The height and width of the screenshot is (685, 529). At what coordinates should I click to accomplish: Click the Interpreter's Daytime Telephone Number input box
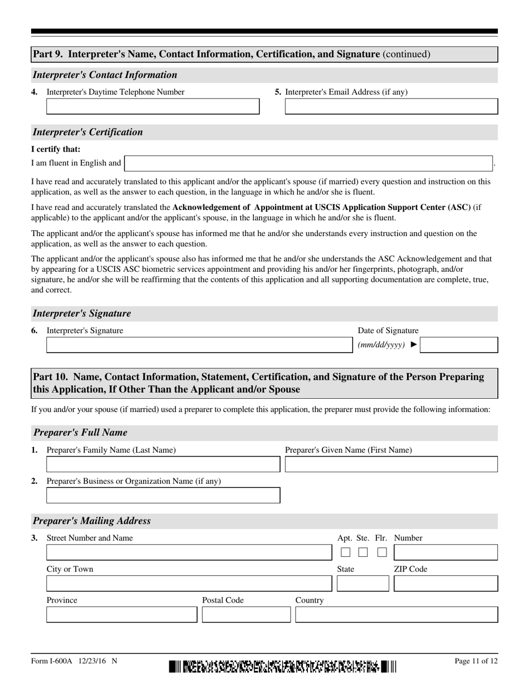coord(153,106)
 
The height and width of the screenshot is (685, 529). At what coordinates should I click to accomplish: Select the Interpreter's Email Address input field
coord(391,106)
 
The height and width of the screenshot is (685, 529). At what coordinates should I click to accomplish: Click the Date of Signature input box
coord(459,345)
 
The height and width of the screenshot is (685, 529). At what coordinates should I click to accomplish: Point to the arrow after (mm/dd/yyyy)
coord(413,345)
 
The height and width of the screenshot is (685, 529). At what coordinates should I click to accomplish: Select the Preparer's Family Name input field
coord(163,464)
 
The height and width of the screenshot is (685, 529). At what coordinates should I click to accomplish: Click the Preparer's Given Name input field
coord(391,464)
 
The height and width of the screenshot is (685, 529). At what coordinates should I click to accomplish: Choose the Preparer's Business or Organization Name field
coord(163,496)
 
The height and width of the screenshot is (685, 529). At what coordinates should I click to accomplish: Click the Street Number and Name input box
coord(188,552)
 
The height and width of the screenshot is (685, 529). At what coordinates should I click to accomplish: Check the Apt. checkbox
coord(346,552)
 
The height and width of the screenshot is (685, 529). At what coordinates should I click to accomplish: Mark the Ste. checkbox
coord(363,552)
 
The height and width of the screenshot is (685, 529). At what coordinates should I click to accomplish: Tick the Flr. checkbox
coord(381,552)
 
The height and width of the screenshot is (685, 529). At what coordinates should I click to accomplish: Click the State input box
coord(363,583)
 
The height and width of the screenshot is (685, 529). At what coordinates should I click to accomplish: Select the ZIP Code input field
coord(445,583)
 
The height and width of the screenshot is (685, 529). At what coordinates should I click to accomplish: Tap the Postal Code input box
coord(246,614)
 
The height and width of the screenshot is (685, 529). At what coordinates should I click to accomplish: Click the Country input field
coord(396,614)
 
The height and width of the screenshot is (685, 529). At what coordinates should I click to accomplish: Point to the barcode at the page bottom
coord(282,666)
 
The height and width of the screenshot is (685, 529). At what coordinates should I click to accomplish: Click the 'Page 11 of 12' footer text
coord(476,661)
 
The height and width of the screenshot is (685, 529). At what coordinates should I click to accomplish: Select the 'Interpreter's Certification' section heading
coord(88,132)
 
